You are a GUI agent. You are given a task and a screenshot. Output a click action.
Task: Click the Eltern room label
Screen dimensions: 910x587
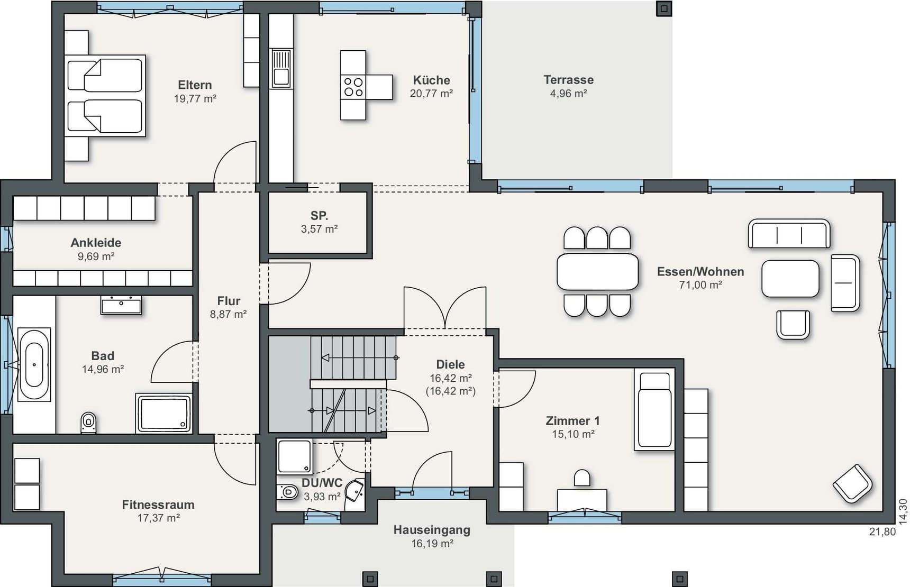click(x=195, y=85)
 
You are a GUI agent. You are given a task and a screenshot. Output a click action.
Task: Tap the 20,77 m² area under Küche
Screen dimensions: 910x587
click(x=431, y=94)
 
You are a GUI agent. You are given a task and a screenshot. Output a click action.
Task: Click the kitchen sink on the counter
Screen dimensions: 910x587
click(x=281, y=68)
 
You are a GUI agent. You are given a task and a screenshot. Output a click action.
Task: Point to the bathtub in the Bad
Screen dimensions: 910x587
click(x=34, y=365)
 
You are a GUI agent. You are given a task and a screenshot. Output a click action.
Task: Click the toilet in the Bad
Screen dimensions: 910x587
click(x=89, y=423)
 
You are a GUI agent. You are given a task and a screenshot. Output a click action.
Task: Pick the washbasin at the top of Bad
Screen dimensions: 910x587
click(x=121, y=305)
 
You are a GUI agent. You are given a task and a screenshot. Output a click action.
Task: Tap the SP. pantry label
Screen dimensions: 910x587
click(x=319, y=216)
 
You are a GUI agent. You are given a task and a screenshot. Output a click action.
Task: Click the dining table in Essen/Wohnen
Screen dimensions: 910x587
click(x=597, y=272)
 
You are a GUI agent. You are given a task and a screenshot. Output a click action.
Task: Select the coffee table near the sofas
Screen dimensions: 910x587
click(x=790, y=279)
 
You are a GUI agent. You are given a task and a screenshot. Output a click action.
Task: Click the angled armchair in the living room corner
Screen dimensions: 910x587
click(x=852, y=483)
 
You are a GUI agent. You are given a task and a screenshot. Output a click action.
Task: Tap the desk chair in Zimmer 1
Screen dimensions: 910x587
click(x=582, y=478)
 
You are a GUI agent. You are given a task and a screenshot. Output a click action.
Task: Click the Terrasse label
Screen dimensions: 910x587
click(x=569, y=80)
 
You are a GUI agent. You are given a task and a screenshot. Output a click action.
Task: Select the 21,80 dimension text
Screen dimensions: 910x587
click(x=882, y=532)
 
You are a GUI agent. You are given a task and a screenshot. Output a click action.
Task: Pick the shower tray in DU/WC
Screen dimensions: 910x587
click(x=295, y=456)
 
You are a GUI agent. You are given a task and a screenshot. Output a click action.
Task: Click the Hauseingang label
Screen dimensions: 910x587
click(x=432, y=530)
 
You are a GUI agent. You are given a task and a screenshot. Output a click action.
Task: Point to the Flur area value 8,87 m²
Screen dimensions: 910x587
click(x=229, y=314)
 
